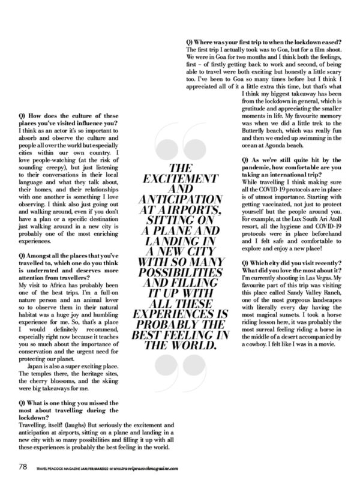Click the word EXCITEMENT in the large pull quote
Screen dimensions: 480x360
pos(179,178)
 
